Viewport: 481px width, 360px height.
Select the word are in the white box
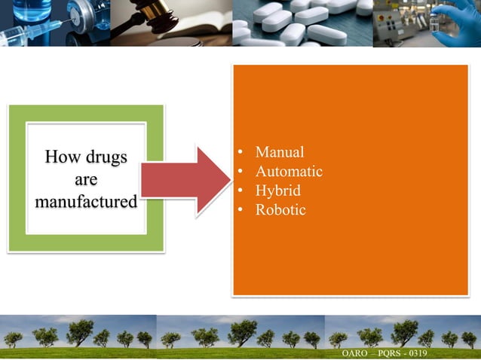(86, 180)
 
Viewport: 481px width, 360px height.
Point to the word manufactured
(86, 202)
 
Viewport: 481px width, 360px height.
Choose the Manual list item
(280, 152)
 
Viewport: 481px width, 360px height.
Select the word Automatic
(289, 172)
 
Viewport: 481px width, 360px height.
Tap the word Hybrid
(278, 191)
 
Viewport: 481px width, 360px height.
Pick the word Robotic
(280, 210)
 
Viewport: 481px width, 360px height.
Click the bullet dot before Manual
(240, 154)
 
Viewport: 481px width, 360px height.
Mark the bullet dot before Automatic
(240, 172)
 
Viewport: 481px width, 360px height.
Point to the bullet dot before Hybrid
(240, 191)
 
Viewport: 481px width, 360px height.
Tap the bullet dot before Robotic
(240, 211)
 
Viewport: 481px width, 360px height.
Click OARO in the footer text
(356, 352)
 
